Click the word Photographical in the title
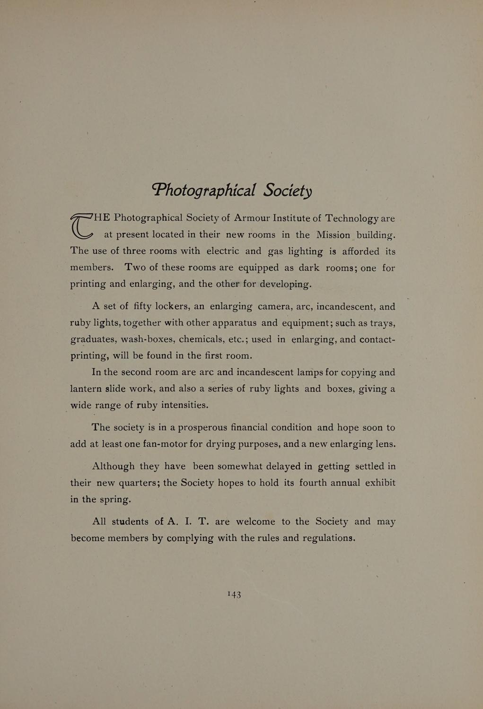[x=204, y=190]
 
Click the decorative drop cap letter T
[x=81, y=226]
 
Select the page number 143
[x=234, y=594]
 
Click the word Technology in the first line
[x=352, y=218]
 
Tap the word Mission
[x=334, y=235]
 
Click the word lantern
[x=87, y=389]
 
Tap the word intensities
[x=184, y=405]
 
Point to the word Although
[x=113, y=467]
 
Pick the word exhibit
[x=380, y=483]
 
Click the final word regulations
[x=329, y=538]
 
